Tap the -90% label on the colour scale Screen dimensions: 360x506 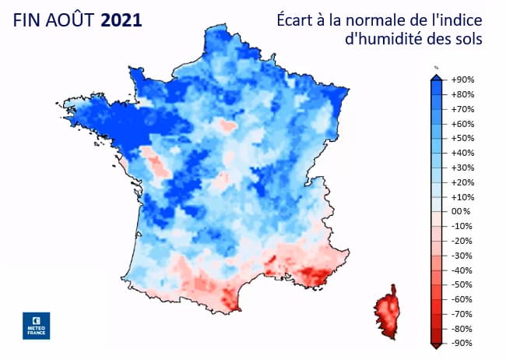(462, 343)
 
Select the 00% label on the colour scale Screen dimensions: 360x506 (462, 212)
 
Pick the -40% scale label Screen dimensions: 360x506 (462, 270)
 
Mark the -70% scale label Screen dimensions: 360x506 (462, 314)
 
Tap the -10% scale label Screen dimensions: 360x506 (462, 226)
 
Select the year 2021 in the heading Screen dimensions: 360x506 (121, 20)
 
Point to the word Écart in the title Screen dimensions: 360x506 (297, 19)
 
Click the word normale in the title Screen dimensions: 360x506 (377, 19)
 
